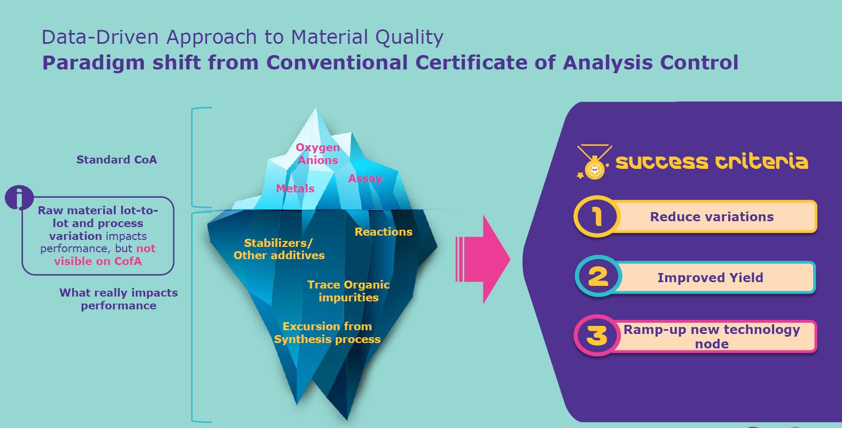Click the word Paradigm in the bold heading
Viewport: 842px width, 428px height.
click(93, 63)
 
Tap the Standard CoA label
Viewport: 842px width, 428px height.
click(116, 160)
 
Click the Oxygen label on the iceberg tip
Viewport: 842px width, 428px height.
click(318, 148)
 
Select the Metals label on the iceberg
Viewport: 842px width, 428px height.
click(295, 189)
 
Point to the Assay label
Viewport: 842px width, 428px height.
click(365, 178)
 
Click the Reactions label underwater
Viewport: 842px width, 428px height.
click(384, 232)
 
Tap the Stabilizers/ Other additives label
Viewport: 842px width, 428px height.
click(279, 249)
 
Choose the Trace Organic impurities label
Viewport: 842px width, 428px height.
click(348, 291)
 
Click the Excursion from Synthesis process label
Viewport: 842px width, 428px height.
click(327, 333)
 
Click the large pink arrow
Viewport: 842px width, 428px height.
click(483, 260)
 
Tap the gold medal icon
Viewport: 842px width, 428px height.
click(594, 162)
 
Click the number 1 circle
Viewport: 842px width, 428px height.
click(597, 216)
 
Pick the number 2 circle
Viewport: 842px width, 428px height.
click(598, 276)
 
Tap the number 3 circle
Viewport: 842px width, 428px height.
click(597, 336)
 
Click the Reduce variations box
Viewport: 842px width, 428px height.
click(712, 216)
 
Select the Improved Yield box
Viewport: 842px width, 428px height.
click(711, 277)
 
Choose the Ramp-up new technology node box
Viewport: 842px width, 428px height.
click(712, 336)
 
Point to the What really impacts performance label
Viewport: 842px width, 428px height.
click(119, 299)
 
